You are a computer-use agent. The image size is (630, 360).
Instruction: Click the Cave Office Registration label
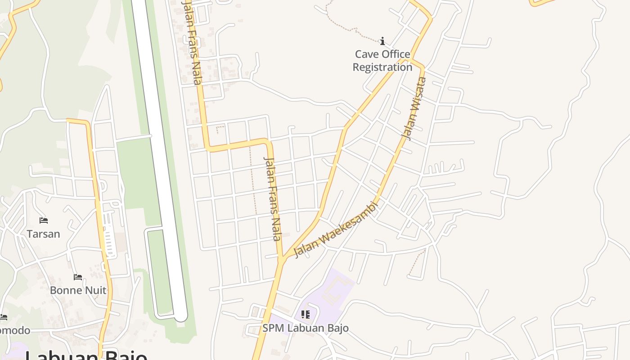382,61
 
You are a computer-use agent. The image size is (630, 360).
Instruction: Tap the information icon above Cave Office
382,41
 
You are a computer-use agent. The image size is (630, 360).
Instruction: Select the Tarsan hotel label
43,234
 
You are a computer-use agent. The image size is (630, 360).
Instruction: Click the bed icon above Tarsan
44,220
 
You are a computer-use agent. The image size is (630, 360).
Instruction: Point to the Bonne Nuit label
78,290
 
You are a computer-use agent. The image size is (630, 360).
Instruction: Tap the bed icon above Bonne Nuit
78,277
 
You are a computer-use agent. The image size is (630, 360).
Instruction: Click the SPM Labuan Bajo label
306,328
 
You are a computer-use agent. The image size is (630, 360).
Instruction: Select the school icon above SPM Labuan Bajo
306,315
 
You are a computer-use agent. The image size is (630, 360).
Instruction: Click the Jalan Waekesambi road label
336,229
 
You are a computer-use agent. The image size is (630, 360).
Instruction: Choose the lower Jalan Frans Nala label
273,198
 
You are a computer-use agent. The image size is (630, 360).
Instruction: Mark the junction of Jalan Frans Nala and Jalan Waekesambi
282,260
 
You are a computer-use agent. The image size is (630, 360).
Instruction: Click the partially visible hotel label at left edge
13,331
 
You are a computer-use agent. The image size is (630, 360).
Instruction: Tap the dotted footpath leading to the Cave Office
351,29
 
